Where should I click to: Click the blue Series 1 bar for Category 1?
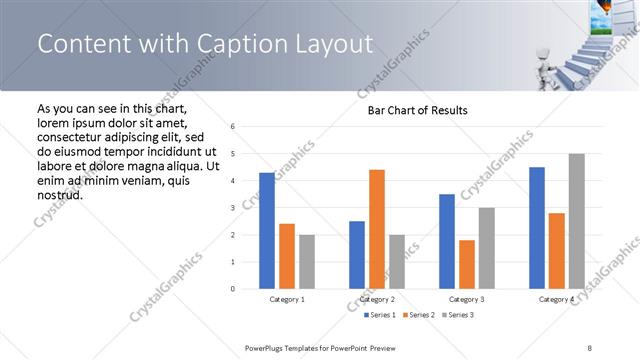click(x=266, y=231)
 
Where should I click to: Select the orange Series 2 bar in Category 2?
click(x=376, y=229)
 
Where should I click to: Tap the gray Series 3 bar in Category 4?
click(x=576, y=221)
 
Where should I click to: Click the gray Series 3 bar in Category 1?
click(x=306, y=262)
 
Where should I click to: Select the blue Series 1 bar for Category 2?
click(x=357, y=255)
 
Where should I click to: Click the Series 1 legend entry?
click(x=381, y=315)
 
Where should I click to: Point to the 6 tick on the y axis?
click(x=232, y=127)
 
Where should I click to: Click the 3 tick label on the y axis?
click(x=232, y=208)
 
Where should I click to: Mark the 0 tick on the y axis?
click(x=232, y=289)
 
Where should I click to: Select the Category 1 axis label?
click(x=287, y=299)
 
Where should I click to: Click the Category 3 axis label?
click(x=467, y=299)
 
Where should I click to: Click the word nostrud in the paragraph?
click(x=59, y=194)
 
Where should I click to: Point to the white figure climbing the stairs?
click(x=539, y=57)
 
